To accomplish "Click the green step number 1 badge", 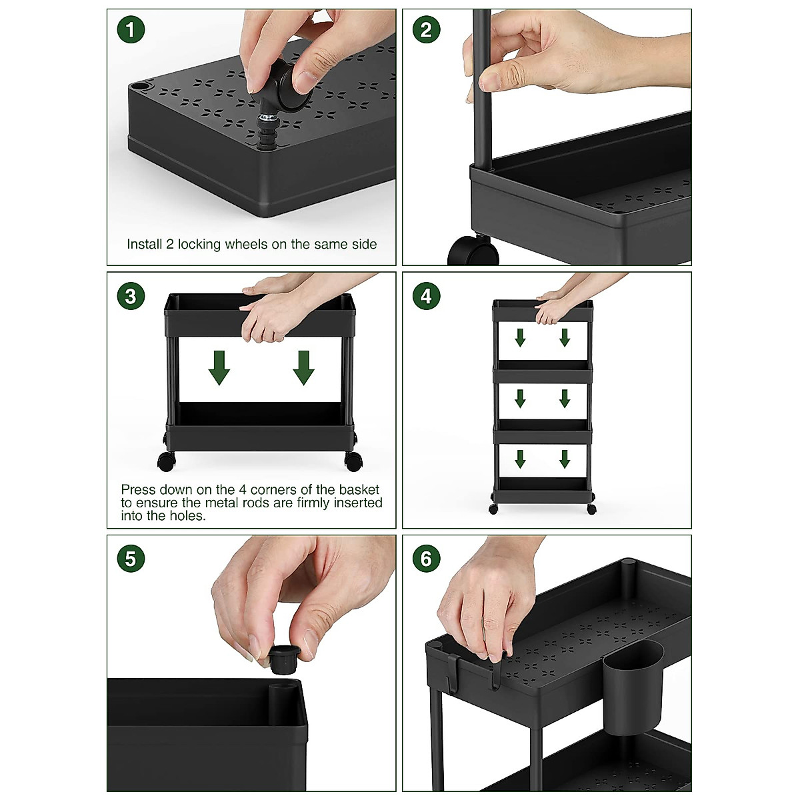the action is click(x=131, y=29).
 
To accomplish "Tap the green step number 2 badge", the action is click(x=427, y=29).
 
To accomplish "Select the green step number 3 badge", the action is click(x=131, y=296).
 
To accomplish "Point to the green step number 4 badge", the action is click(x=427, y=296).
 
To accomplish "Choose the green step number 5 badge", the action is click(x=131, y=559).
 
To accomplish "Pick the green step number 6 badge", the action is click(x=427, y=559).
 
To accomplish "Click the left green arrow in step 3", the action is click(x=219, y=367).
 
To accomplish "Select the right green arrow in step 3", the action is click(x=303, y=367).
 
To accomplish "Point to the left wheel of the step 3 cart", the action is click(x=167, y=461).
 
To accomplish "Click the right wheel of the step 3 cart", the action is click(x=353, y=461).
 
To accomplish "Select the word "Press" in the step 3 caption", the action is click(x=139, y=489).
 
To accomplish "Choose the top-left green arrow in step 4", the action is click(x=520, y=337).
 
